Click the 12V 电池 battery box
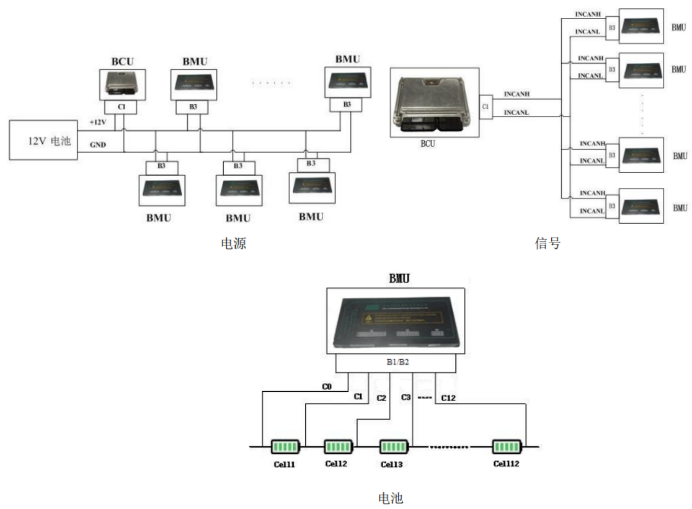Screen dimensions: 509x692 click(43, 140)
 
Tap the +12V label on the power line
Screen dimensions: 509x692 click(98, 122)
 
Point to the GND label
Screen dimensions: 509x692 click(98, 145)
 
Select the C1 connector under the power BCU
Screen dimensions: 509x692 click(121, 107)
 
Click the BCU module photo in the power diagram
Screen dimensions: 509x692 click(123, 84)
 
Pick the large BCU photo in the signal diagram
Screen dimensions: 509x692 click(435, 103)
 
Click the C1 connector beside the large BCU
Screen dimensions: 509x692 click(485, 107)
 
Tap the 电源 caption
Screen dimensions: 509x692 click(234, 243)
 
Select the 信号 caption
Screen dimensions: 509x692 click(548, 243)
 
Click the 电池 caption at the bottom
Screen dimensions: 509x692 click(390, 498)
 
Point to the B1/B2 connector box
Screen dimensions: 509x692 click(397, 362)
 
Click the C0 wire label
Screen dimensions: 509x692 click(327, 387)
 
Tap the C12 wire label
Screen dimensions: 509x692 click(448, 398)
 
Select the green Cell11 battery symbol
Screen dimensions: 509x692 click(285, 446)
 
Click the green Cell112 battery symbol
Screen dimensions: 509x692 click(506, 446)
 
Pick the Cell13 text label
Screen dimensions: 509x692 click(391, 464)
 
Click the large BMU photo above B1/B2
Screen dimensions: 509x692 click(396, 321)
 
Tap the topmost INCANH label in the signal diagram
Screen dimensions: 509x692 click(588, 15)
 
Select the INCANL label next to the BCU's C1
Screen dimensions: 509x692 click(516, 113)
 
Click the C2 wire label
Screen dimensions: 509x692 click(382, 398)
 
